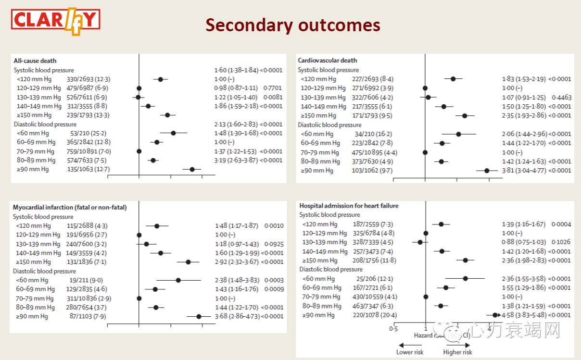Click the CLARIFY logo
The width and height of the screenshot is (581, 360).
pyautogui.click(x=56, y=21)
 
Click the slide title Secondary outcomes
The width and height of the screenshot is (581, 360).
pyautogui.click(x=292, y=25)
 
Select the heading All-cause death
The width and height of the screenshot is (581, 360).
pyautogui.click(x=35, y=61)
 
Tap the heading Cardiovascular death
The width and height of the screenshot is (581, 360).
pyautogui.click(x=328, y=60)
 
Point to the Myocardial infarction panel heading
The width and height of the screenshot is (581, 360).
pyautogui.click(x=70, y=208)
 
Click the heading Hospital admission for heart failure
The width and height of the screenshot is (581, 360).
pyautogui.click(x=349, y=206)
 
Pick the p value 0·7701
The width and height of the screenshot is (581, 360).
pyautogui.click(x=272, y=88)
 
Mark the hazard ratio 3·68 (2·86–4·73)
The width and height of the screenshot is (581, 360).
pyautogui.click(x=237, y=316)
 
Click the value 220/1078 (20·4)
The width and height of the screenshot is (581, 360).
pyautogui.click(x=373, y=315)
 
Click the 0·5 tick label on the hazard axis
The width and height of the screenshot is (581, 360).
pyautogui.click(x=393, y=329)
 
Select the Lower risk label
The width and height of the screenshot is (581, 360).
pyautogui.click(x=409, y=352)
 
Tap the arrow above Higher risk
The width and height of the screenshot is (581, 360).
pyautogui.click(x=457, y=344)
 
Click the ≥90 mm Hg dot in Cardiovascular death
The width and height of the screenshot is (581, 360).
pyautogui.click(x=487, y=170)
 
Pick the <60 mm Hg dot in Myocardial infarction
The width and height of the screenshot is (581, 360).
pyautogui.click(x=178, y=280)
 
